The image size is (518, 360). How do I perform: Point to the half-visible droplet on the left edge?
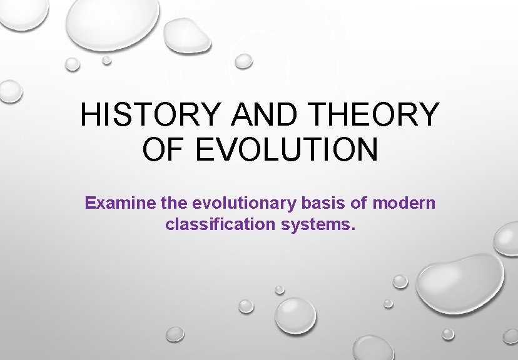pyautogui.click(x=9, y=91)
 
